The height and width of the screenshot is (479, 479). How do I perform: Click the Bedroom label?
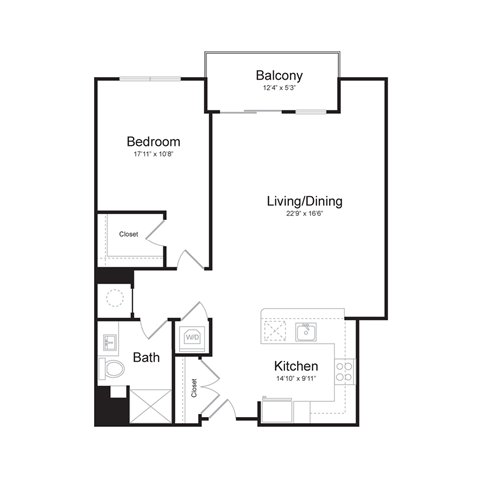coord(152,141)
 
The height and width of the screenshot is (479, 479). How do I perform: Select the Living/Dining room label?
coord(304,201)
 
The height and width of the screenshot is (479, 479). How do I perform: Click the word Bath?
coord(145,356)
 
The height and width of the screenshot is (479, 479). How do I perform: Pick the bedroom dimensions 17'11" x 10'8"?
coord(152,155)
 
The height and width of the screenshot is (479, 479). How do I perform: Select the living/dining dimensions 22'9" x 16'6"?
coord(304,214)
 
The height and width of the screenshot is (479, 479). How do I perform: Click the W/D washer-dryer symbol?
coord(192,337)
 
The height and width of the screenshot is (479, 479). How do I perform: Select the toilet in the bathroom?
coord(113,371)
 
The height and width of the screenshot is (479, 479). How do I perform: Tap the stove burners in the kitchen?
coord(344,372)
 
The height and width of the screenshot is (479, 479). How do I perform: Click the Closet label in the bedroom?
coord(129,235)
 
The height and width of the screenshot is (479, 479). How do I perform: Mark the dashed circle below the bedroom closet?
coord(115,298)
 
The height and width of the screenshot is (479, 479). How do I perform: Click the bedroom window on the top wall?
coord(150,79)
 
